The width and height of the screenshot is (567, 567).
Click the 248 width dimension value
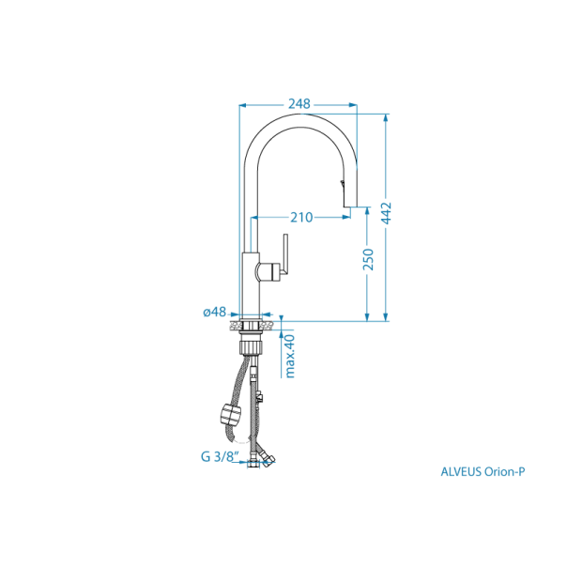click(x=299, y=103)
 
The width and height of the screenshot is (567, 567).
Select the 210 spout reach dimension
click(x=300, y=218)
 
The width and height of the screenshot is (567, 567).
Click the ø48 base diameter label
click(x=215, y=313)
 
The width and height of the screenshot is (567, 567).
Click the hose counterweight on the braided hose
click(x=227, y=413)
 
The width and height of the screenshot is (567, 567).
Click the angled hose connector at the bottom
click(x=269, y=456)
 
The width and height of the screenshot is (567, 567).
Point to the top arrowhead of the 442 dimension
click(x=385, y=118)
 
